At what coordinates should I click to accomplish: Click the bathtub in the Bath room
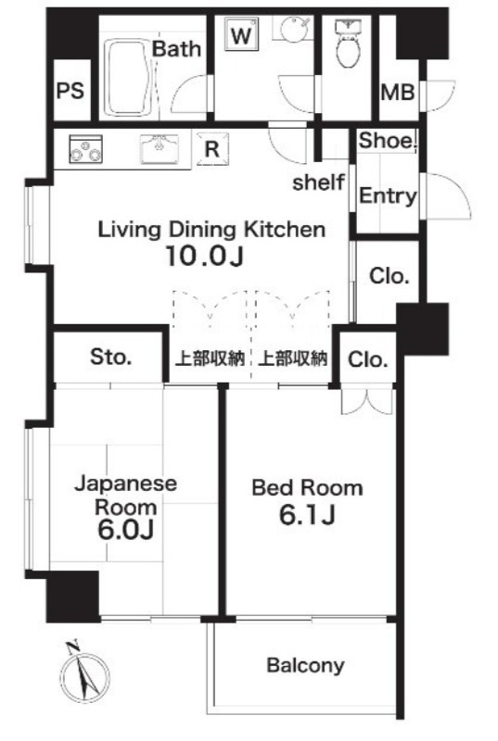click(126, 79)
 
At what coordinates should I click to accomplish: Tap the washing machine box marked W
click(240, 36)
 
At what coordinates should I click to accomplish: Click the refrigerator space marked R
click(211, 146)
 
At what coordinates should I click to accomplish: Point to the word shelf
click(318, 182)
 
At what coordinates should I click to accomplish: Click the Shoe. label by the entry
click(388, 141)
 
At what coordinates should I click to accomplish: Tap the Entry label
click(388, 196)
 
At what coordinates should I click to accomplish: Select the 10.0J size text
click(205, 257)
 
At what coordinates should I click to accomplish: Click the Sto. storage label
click(110, 357)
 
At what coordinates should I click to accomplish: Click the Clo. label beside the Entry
click(390, 276)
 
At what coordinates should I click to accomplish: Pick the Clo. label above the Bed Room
click(368, 359)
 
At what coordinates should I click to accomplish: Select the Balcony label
click(305, 664)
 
